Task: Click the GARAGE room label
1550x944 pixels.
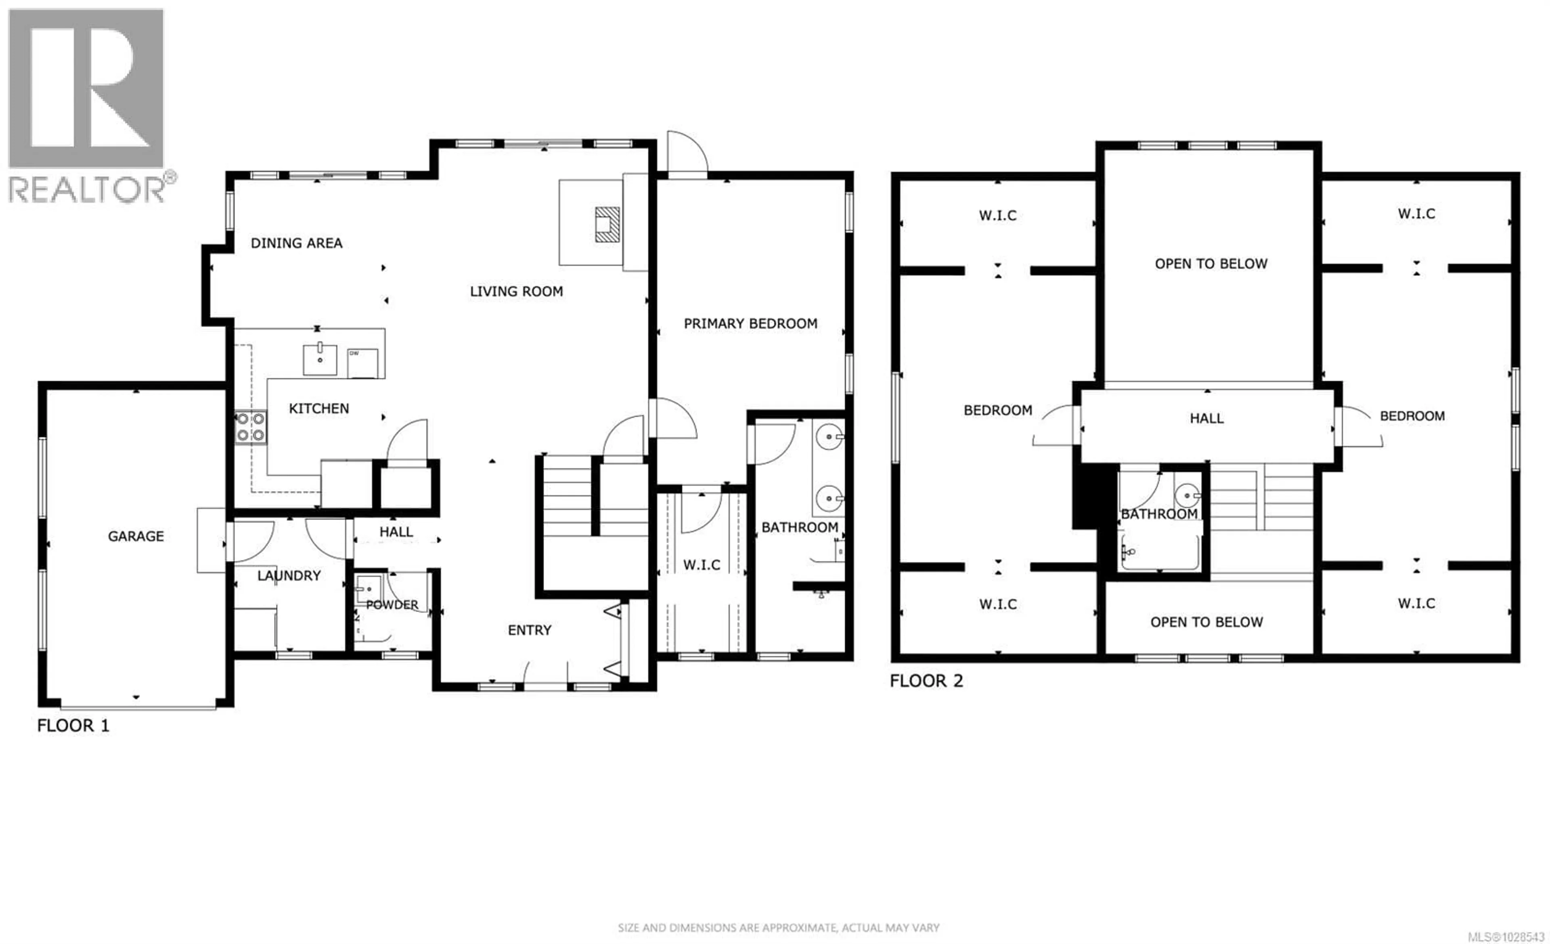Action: pyautogui.click(x=136, y=536)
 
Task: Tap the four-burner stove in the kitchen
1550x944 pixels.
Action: pyautogui.click(x=250, y=427)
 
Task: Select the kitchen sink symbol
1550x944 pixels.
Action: pyautogui.click(x=320, y=359)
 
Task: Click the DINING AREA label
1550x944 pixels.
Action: pyautogui.click(x=296, y=243)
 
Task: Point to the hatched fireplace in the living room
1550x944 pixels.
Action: pyautogui.click(x=607, y=224)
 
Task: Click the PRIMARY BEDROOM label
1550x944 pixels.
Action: pyautogui.click(x=750, y=323)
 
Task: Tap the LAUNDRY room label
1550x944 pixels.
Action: pyautogui.click(x=289, y=575)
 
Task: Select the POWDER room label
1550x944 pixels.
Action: pyautogui.click(x=392, y=605)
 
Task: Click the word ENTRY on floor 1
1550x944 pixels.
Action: pyautogui.click(x=530, y=630)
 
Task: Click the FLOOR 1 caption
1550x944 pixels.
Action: pyautogui.click(x=73, y=726)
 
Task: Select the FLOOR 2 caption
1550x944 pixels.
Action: pyautogui.click(x=926, y=681)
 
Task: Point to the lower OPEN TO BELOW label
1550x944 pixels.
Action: pyautogui.click(x=1206, y=622)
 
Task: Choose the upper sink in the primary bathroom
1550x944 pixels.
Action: pyautogui.click(x=829, y=436)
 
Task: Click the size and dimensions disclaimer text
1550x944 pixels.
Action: pyautogui.click(x=778, y=927)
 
